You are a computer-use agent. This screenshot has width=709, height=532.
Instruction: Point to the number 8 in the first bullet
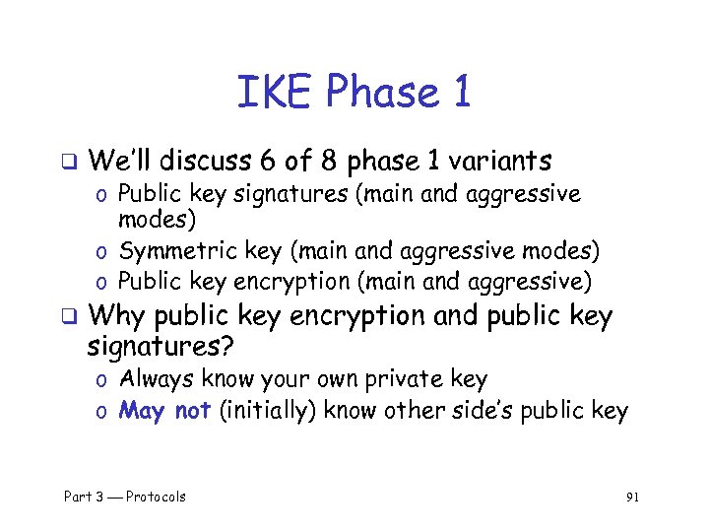pos(333,160)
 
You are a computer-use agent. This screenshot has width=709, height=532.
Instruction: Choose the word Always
pos(156,379)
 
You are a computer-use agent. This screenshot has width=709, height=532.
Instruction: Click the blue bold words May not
pos(164,410)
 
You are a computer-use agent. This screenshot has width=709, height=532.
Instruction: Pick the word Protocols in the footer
pos(156,497)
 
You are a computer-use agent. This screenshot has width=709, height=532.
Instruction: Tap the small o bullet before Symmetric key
pos(102,252)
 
